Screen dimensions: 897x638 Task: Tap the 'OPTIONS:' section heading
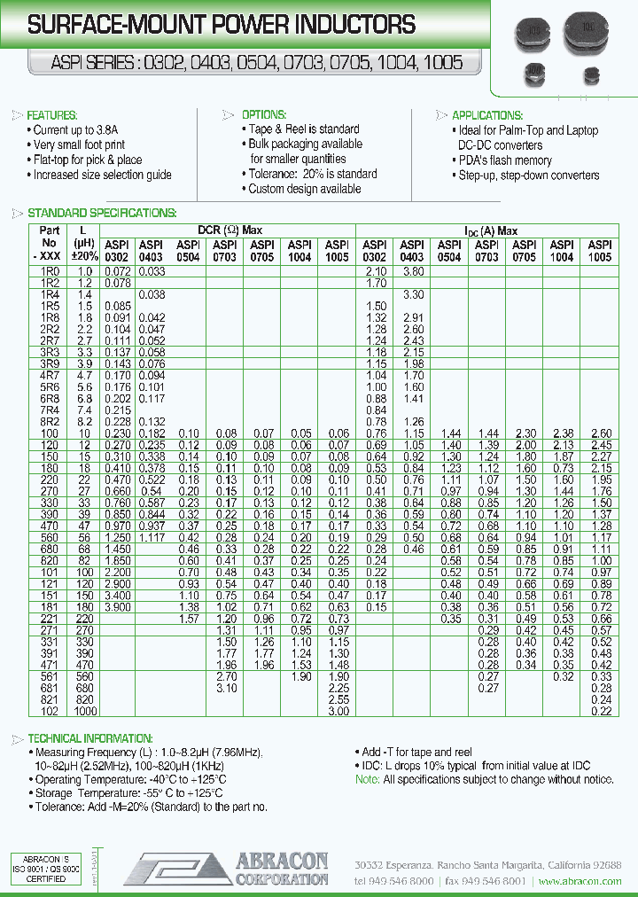click(x=264, y=115)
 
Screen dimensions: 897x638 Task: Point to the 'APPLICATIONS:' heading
click(x=487, y=115)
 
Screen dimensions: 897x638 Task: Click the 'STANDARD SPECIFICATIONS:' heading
click(x=102, y=213)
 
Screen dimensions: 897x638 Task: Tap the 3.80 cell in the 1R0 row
click(x=412, y=270)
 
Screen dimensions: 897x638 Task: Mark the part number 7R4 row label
click(x=50, y=410)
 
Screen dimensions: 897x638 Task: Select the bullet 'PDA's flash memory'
click(x=505, y=160)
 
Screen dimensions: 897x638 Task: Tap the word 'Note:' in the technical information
click(x=367, y=779)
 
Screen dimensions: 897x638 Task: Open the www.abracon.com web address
click(x=580, y=881)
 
